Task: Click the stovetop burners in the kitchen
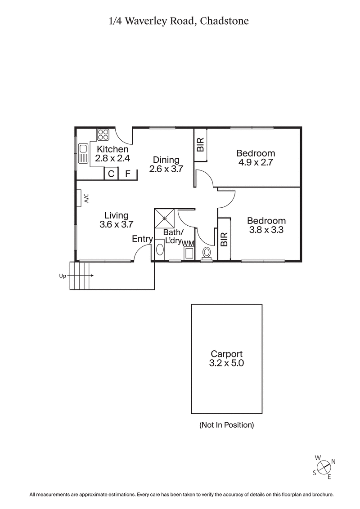point(103,135)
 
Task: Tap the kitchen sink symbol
point(83,153)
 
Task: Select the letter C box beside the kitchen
point(111,174)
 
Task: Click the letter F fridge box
point(128,174)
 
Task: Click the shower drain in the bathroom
point(165,219)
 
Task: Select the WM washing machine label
point(188,243)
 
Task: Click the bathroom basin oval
point(160,250)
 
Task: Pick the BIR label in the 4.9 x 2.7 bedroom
point(201,144)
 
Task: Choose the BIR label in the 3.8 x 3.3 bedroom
point(224,239)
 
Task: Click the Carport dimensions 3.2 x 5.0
point(227,363)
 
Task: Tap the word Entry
point(142,239)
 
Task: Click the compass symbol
point(324,468)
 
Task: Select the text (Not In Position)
point(227,424)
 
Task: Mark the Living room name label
point(117,215)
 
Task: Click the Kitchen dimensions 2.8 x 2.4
point(112,158)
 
